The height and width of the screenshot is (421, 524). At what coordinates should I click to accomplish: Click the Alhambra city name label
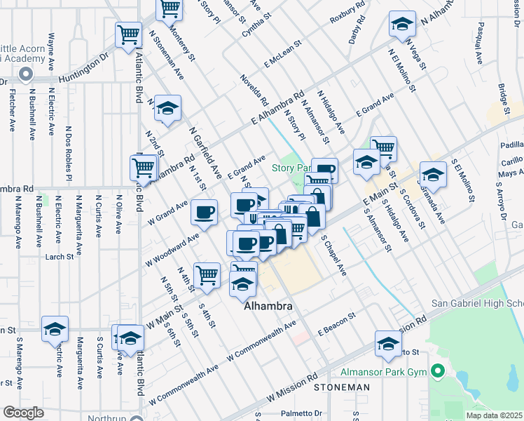tap(268, 307)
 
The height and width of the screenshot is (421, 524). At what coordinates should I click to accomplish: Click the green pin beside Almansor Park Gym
tap(439, 370)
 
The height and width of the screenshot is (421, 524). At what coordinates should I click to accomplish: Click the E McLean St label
tap(282, 53)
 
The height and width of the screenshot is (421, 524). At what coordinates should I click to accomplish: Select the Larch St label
tap(59, 257)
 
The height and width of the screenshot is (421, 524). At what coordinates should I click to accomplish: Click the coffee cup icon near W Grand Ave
tap(205, 211)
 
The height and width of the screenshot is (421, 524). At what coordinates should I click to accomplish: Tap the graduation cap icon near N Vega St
tap(401, 24)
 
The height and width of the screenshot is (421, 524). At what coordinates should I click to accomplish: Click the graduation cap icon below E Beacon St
tap(386, 343)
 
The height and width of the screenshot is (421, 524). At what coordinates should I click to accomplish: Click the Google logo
tap(23, 413)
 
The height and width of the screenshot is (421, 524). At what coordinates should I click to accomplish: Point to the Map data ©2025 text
tap(493, 415)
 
